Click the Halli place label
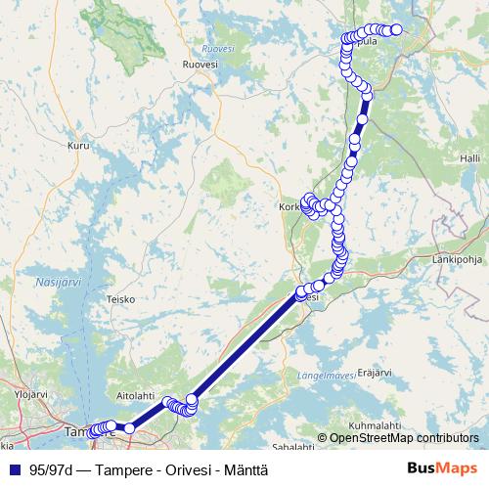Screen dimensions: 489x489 click(x=470, y=157)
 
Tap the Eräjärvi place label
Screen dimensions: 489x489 click(x=375, y=372)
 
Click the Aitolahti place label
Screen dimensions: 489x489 click(x=136, y=395)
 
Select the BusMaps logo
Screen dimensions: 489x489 click(x=443, y=468)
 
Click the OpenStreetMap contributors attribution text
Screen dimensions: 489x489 click(x=404, y=438)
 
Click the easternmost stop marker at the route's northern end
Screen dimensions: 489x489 click(x=397, y=29)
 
